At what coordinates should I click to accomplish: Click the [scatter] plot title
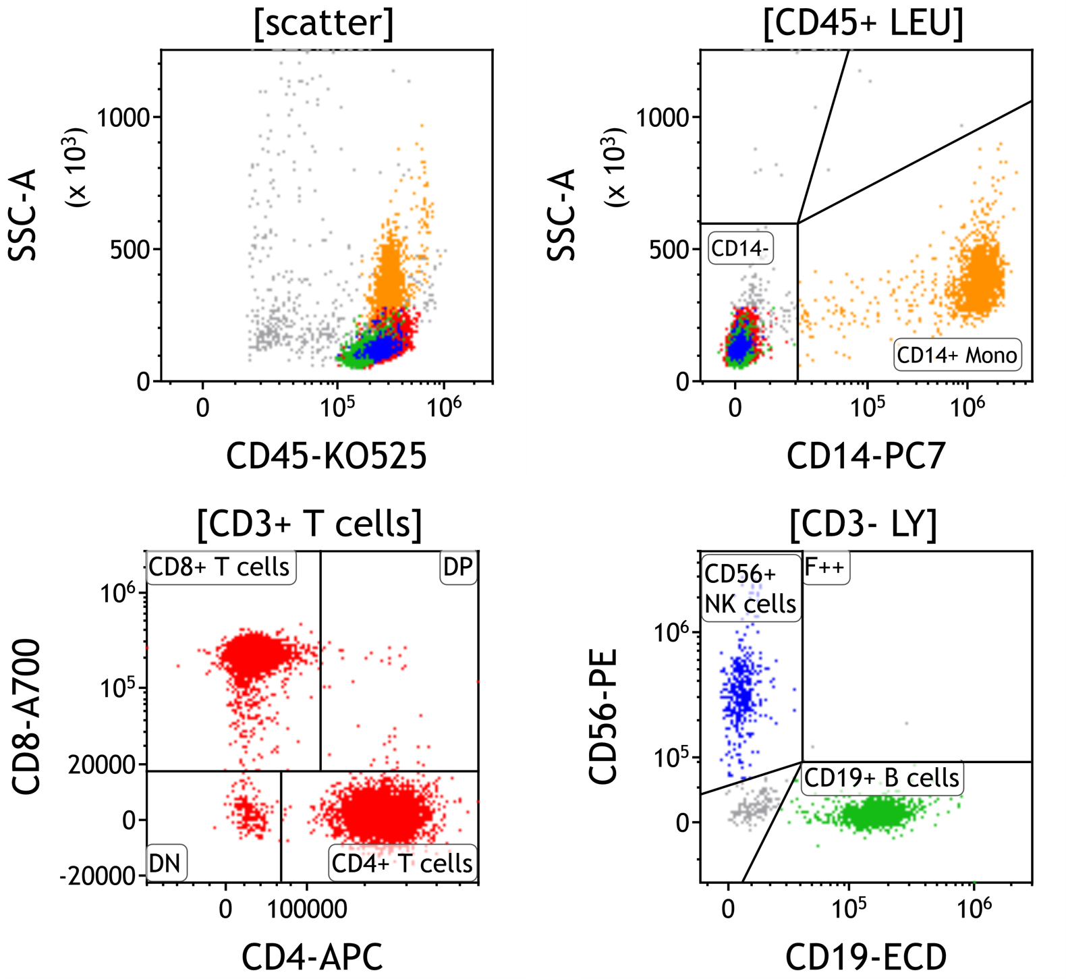click(x=324, y=24)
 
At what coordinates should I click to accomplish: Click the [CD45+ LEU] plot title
click(x=863, y=24)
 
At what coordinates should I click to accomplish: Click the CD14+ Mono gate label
click(x=957, y=355)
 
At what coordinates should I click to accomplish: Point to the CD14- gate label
click(x=740, y=249)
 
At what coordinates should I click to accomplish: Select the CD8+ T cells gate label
click(x=219, y=567)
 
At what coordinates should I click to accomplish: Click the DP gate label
click(x=458, y=567)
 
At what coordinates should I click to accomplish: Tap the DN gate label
click(x=165, y=863)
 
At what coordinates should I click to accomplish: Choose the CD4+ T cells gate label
click(x=402, y=863)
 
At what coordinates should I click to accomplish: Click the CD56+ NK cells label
click(x=750, y=588)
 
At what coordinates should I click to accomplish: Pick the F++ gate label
click(x=824, y=567)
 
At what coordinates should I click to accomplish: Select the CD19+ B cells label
click(x=882, y=778)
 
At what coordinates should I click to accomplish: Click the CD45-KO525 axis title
click(x=327, y=456)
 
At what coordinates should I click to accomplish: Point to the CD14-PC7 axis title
click(x=866, y=456)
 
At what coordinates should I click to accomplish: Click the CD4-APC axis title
click(x=312, y=957)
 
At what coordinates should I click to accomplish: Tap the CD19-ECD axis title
click(x=866, y=957)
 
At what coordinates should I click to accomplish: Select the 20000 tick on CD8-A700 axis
click(x=102, y=765)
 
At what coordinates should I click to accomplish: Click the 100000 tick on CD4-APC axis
click(x=307, y=909)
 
